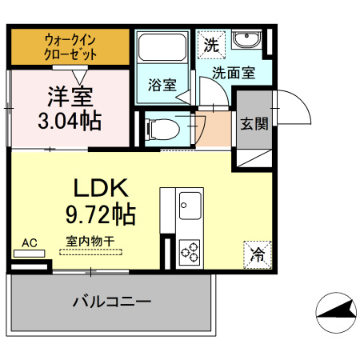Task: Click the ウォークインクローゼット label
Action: [70, 46]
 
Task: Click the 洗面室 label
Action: [234, 73]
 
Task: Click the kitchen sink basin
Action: [190, 206]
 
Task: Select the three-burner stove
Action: [190, 252]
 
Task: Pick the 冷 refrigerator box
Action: [258, 254]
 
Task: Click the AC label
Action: [30, 242]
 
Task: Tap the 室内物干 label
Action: [90, 239]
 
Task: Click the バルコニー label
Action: [111, 302]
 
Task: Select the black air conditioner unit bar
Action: [30, 254]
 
